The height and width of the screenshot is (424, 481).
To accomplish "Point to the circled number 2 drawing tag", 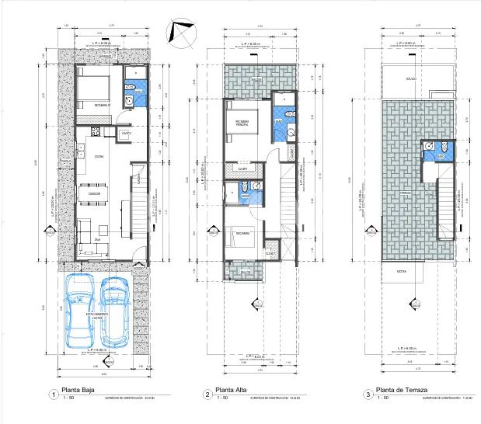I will pyautogui.click(x=207, y=394).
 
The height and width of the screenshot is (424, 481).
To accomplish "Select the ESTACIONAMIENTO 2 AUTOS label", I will pyautogui.click(x=96, y=317).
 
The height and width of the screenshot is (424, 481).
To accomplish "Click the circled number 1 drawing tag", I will pyautogui.click(x=52, y=394).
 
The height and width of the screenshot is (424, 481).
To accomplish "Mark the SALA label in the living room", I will pyautogui.click(x=98, y=240).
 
